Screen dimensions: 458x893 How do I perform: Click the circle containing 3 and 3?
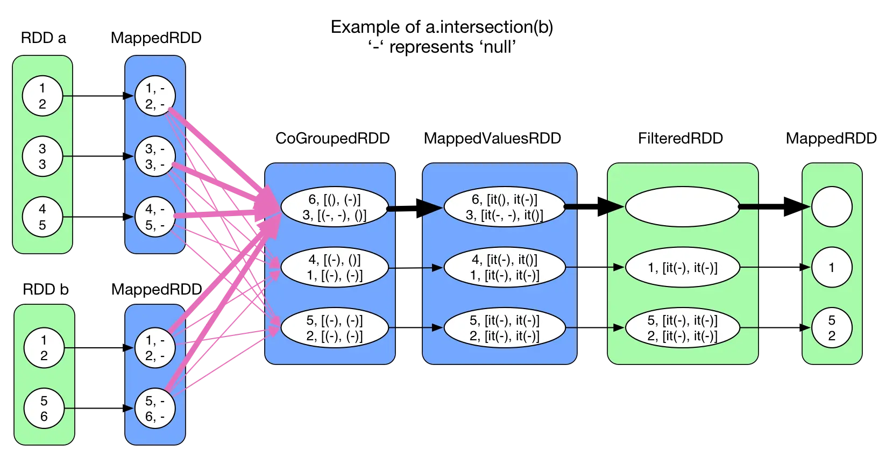click(42, 156)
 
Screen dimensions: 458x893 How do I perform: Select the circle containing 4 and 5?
click(42, 217)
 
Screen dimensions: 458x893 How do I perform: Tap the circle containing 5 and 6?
click(44, 409)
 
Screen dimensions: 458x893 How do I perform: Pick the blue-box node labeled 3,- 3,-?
click(155, 156)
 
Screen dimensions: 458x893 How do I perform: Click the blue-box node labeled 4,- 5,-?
click(155, 217)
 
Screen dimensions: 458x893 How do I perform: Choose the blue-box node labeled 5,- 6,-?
click(155, 409)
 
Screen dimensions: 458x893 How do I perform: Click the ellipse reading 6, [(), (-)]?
click(334, 207)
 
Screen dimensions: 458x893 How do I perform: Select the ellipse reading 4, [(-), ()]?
click(334, 267)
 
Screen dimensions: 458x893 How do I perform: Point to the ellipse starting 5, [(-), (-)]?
click(334, 327)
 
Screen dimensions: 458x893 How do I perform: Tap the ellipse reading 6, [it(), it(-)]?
click(504, 207)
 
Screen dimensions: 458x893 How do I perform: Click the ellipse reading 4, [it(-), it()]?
click(504, 267)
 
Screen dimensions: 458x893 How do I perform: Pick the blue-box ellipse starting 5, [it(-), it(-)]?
click(504, 327)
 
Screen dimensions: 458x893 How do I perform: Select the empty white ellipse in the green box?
click(682, 207)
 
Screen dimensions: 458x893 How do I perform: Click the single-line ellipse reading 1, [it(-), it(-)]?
click(682, 267)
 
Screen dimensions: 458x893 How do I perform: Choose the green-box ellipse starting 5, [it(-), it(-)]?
click(682, 327)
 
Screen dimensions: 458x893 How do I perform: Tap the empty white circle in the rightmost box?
click(831, 207)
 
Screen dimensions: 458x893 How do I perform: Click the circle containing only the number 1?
click(831, 267)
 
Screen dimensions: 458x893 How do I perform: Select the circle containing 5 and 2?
click(831, 327)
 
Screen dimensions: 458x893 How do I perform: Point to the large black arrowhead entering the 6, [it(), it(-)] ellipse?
click(432, 207)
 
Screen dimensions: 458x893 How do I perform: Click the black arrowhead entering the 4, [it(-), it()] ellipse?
click(437, 267)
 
